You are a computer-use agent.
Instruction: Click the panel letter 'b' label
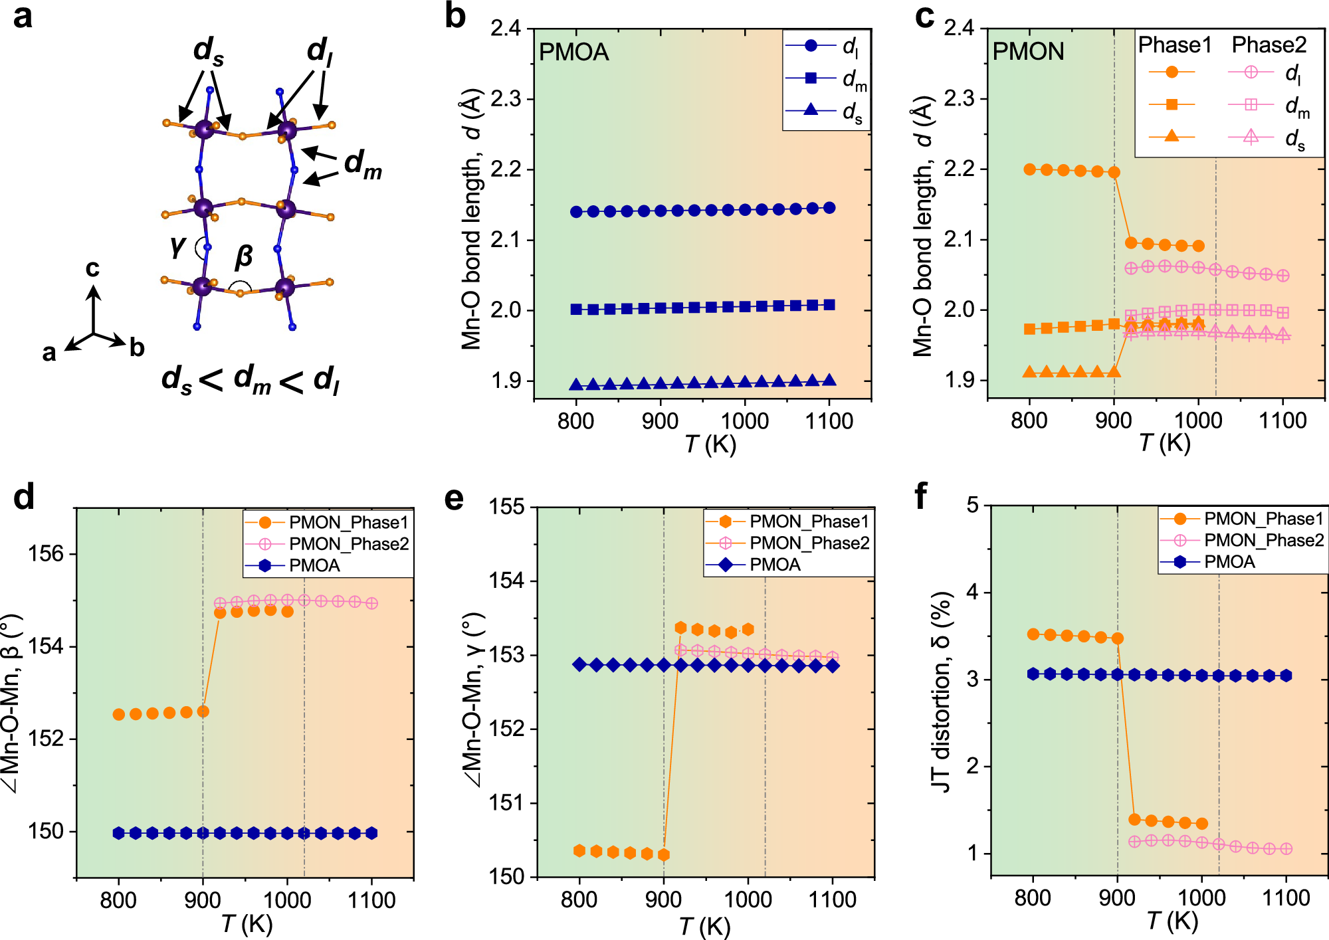pos(455,16)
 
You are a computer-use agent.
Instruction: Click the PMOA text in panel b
pos(573,52)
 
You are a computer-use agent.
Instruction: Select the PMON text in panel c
pos(1028,51)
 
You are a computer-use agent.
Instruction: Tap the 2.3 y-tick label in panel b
pos(507,99)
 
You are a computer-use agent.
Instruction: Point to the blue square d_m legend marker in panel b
pos(811,78)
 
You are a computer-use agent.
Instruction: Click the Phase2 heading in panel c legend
pos(1269,45)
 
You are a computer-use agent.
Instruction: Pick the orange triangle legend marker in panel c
pos(1172,137)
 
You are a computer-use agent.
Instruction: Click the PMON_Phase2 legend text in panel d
pos(349,543)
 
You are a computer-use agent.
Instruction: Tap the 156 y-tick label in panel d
pos(46,553)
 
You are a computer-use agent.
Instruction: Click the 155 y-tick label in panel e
pos(507,507)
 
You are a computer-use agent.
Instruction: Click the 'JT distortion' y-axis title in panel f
pos(942,691)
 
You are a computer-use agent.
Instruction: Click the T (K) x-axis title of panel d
pos(247,924)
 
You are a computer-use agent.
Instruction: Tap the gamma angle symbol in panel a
pos(177,245)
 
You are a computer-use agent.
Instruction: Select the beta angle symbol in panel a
pos(244,256)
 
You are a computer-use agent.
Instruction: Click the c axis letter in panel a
pos(92,268)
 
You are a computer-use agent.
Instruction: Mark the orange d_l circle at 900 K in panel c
pos(1114,172)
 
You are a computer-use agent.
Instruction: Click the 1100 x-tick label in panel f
pos(1285,898)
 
